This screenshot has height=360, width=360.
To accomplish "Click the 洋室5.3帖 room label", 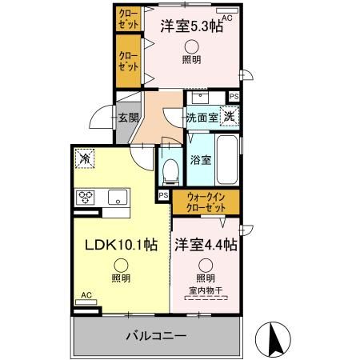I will tap(190, 25).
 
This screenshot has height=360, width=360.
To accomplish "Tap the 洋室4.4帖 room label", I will tap(206, 243).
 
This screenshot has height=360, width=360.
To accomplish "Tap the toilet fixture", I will tap(170, 169).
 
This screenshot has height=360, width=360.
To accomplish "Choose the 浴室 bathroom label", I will tap(200, 159).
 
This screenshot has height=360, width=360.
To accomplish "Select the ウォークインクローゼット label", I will tap(205, 202).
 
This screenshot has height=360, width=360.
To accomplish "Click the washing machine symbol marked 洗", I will tap(229, 117).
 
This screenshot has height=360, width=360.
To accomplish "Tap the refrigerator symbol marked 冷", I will tap(85, 158).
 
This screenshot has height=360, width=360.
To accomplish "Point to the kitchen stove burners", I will tap(86, 197).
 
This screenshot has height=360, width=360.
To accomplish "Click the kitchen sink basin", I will tap(115, 197).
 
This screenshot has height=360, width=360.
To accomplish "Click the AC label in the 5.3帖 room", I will tap(227, 17).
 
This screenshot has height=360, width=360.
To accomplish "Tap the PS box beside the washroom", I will tap(233, 96).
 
